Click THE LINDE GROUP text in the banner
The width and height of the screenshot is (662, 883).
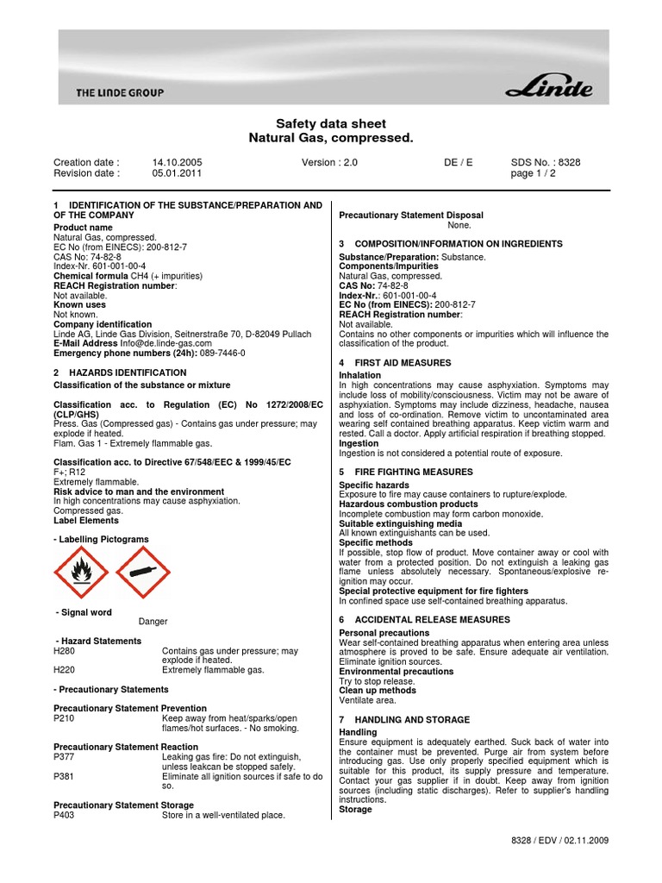point(120,92)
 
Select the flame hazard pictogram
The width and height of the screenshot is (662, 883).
point(81,572)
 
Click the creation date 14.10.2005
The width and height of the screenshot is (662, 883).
point(177,162)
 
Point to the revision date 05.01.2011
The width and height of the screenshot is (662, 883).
point(177,173)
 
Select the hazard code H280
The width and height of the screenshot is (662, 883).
point(66,651)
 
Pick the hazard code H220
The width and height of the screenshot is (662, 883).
point(66,670)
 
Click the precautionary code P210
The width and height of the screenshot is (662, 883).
point(66,718)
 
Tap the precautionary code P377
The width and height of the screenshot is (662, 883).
point(66,757)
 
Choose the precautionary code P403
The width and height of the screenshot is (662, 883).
point(66,815)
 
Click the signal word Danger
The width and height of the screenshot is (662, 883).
point(153,621)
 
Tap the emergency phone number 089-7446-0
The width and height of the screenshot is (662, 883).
point(222,354)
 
